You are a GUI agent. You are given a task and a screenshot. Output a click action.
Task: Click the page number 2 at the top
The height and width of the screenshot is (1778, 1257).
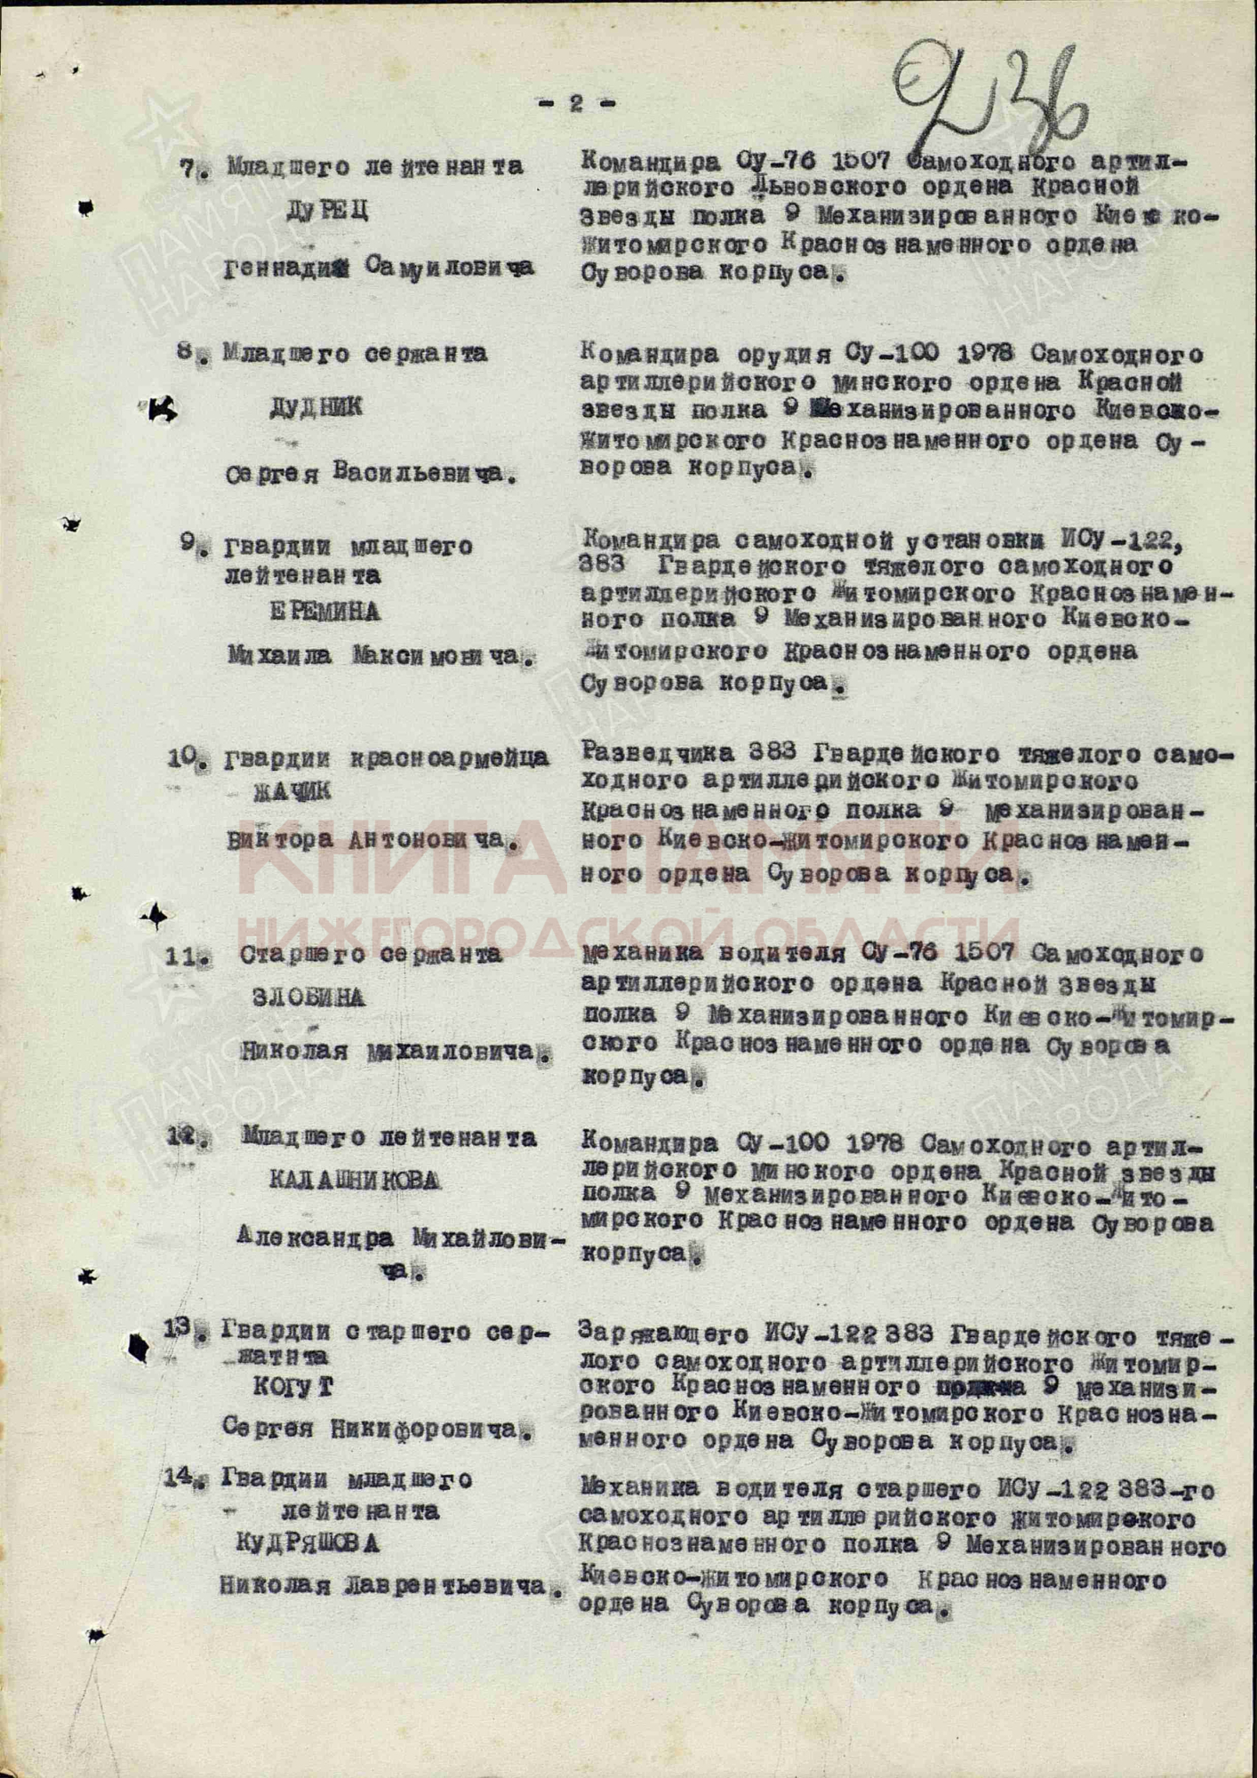tap(576, 104)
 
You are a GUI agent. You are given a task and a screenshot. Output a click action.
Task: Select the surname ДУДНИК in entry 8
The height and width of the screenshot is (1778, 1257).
tap(316, 406)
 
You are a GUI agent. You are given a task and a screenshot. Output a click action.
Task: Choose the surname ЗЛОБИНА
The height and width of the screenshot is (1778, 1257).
tap(308, 997)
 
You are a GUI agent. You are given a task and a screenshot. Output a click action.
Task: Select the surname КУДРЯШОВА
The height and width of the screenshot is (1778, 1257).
tap(308, 1542)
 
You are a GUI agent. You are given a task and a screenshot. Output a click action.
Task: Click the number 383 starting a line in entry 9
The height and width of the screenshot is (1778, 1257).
tap(601, 565)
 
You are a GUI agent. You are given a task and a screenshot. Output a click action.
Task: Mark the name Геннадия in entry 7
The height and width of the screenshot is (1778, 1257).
tap(284, 268)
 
